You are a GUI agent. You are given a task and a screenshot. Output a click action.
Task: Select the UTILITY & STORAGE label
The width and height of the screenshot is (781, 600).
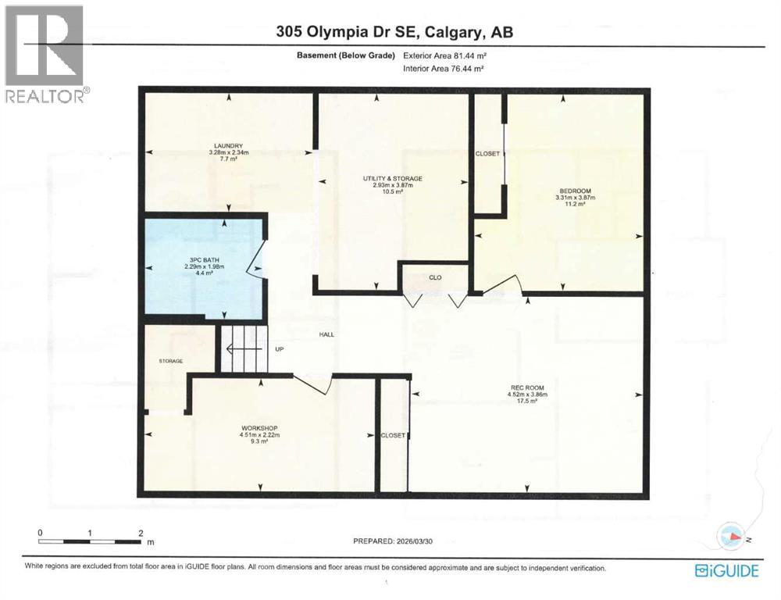392,179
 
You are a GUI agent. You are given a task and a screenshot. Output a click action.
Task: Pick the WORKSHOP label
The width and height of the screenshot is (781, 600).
259,428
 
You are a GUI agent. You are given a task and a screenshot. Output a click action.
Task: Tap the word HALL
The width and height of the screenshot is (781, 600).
326,334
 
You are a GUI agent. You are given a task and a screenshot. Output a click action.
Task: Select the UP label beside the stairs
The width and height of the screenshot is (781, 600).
278,350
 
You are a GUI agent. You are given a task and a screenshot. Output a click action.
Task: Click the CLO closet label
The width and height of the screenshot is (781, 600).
435,277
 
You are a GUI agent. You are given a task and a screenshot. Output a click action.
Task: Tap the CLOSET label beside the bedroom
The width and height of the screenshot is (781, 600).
487,154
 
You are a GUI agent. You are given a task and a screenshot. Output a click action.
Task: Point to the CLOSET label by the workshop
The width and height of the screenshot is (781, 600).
392,435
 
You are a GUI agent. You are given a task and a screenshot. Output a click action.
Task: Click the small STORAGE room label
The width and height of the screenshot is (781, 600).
170,361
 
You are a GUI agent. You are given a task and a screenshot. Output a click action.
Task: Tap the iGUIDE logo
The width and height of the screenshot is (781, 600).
726,571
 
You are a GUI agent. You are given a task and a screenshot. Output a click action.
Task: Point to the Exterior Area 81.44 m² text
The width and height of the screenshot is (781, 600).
444,55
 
